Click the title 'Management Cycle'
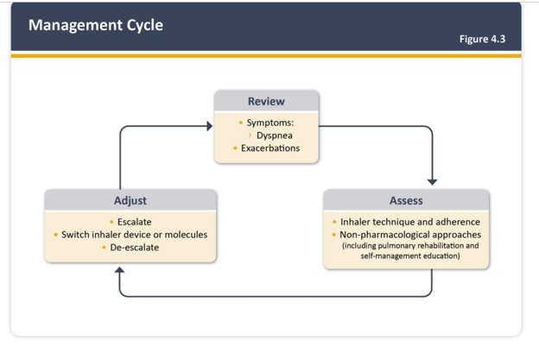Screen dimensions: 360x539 click(x=95, y=25)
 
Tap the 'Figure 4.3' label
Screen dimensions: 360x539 click(x=484, y=39)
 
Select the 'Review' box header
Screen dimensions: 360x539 click(x=266, y=101)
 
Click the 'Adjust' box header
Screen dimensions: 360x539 click(x=130, y=200)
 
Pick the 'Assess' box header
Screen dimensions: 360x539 click(x=406, y=200)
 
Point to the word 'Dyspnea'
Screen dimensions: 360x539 click(x=274, y=136)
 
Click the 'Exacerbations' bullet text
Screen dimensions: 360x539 click(x=270, y=148)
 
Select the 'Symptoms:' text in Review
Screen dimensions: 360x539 click(x=270, y=123)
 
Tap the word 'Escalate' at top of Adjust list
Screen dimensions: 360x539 click(x=134, y=222)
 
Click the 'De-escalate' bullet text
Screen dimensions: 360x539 click(x=134, y=247)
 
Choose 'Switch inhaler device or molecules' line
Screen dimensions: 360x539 click(x=134, y=234)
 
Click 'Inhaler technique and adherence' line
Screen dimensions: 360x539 click(x=410, y=222)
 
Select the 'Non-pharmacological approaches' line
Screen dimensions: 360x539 click(x=410, y=234)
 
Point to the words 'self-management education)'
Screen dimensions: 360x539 click(x=410, y=256)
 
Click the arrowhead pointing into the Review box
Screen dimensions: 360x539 click(x=208, y=126)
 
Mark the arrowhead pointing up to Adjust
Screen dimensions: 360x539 click(x=120, y=271)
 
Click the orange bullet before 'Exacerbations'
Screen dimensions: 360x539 click(x=235, y=148)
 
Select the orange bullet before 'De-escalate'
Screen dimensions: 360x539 click(x=105, y=247)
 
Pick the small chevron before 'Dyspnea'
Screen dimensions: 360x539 click(x=250, y=136)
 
